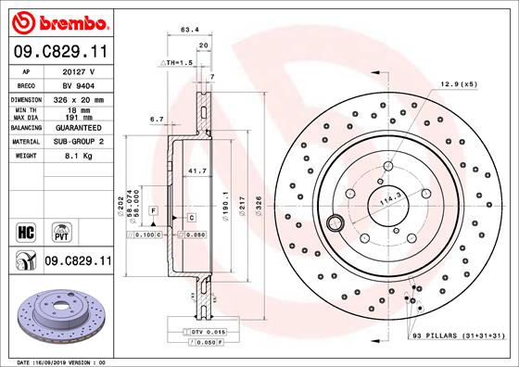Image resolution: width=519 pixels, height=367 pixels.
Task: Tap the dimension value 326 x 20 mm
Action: coord(87,97)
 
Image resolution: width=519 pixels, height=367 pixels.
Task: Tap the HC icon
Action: coord(26,229)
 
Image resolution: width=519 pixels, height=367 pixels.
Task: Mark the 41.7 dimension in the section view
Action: coord(197,171)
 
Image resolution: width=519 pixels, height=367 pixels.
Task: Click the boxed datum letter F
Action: coord(151,212)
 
